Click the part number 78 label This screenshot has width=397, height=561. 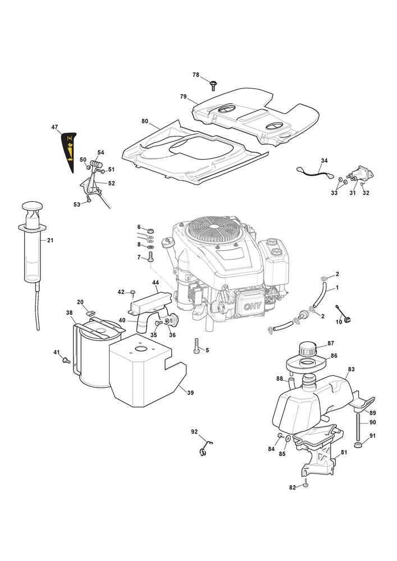tap(196, 75)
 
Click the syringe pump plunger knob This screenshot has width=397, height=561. tap(34, 209)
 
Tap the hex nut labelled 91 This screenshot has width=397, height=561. tap(359, 444)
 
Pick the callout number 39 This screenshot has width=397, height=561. tap(190, 393)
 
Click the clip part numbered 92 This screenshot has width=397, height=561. tap(205, 447)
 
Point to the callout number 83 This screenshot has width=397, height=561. tap(351, 369)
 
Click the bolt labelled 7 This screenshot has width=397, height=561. tap(151, 257)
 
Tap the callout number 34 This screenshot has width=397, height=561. tap(324, 160)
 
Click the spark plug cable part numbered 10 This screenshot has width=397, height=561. tap(344, 318)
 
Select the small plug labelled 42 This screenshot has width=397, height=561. tap(133, 292)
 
